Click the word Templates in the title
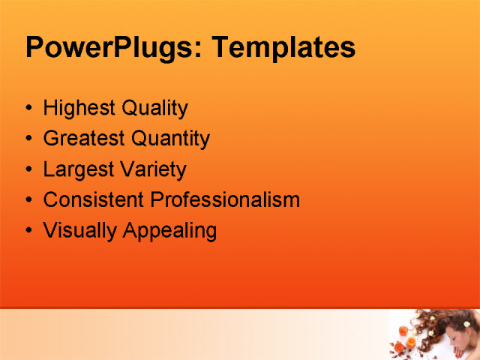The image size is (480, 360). [x=283, y=48]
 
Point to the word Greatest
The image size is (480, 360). [x=84, y=139]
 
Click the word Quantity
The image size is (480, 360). [x=170, y=139]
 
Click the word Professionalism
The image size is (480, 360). [x=225, y=200]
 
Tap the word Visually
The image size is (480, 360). [x=76, y=231]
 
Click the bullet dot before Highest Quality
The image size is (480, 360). [x=28, y=109]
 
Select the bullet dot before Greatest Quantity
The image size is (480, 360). [x=28, y=139]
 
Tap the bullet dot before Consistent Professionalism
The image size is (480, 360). [x=28, y=200]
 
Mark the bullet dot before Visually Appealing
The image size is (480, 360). [x=28, y=231]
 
